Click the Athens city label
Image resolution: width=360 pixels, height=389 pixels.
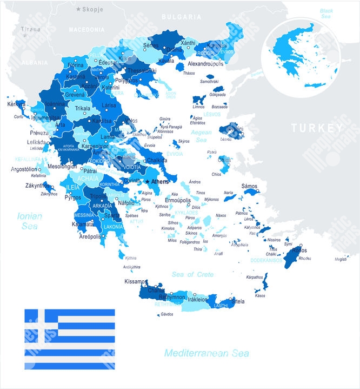click(160, 182)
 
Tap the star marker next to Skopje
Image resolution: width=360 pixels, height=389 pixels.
click(78, 9)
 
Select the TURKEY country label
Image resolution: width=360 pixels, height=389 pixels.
click(317, 128)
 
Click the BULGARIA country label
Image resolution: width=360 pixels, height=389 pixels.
click(181, 17)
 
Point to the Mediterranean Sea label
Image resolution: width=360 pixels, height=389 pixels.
click(206, 353)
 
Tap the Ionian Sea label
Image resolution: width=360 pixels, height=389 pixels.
click(29, 221)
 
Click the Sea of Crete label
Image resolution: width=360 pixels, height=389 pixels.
click(192, 274)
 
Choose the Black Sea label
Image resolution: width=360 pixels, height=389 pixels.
click(326, 14)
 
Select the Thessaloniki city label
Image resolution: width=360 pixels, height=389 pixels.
click(142, 70)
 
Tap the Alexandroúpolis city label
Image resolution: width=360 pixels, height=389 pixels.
click(206, 64)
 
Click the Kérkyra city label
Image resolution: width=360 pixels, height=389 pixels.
click(17, 104)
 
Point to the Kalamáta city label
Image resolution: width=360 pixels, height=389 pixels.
click(83, 224)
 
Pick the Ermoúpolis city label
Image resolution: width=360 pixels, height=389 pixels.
click(178, 200)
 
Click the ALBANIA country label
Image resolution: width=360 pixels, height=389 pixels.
click(34, 63)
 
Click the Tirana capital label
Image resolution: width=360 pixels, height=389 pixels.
click(30, 29)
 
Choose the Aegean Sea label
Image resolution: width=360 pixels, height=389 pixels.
click(201, 135)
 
